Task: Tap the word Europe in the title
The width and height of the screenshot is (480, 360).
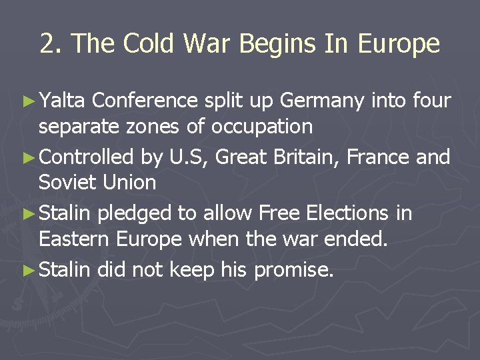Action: pyautogui.click(x=399, y=44)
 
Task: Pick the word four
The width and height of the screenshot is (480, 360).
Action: pyautogui.click(x=431, y=101)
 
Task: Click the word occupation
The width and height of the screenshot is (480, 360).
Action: pyautogui.click(x=260, y=127)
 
